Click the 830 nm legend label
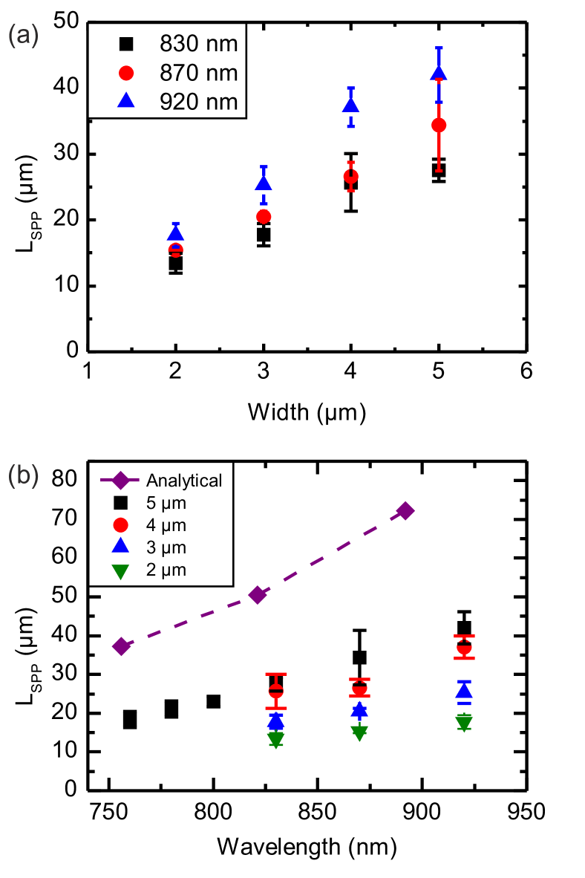coord(198,45)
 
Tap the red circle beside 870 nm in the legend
coord(126,73)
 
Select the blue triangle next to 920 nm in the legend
coord(126,100)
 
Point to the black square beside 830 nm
coord(126,45)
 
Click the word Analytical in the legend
coord(184,481)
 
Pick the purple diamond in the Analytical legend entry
coord(120,481)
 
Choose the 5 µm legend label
coord(166,503)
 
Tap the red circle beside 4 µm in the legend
coord(120,525)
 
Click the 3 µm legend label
coord(166,547)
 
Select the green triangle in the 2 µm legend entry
coord(120,570)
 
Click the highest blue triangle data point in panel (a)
coord(439,72)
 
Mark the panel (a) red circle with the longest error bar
coord(439,125)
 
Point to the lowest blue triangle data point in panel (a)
coord(175,233)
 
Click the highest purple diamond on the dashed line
coord(405,510)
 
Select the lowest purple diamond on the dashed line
coord(121,646)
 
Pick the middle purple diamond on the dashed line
coord(257,595)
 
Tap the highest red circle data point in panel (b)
coord(464,648)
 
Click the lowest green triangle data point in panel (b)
coord(276,739)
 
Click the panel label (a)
coord(23,36)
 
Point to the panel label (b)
coord(23,475)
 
